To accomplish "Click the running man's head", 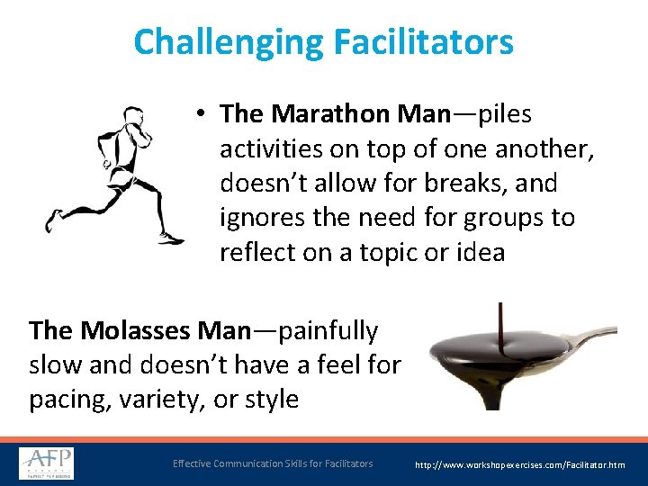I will pyautogui.click(x=133, y=117).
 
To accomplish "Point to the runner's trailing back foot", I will pyautogui.click(x=54, y=219).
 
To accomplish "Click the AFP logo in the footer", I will pyautogui.click(x=47, y=463).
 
